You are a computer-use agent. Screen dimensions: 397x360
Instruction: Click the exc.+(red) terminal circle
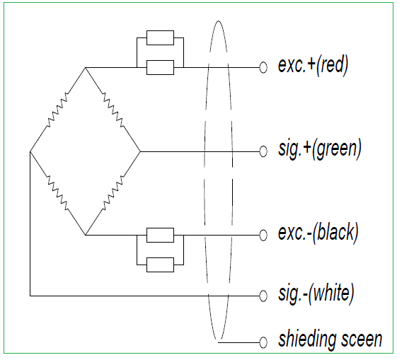tap(263, 68)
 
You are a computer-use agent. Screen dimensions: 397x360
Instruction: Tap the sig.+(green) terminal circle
tap(263, 151)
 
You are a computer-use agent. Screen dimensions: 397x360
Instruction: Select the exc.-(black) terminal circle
tap(263, 235)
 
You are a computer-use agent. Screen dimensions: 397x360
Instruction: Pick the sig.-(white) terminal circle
tap(263, 296)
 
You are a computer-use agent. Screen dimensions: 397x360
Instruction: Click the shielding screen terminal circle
tap(263, 342)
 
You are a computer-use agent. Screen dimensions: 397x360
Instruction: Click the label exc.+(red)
tap(313, 65)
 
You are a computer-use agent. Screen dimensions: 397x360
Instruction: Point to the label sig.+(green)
tap(320, 149)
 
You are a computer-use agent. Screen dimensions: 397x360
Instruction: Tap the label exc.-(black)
tap(318, 233)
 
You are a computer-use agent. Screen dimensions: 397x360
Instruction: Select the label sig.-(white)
tap(316, 294)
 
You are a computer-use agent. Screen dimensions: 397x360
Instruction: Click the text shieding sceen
tap(330, 339)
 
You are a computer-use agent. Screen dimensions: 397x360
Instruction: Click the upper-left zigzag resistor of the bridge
tap(57, 110)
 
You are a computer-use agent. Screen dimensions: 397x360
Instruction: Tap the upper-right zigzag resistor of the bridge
tap(113, 110)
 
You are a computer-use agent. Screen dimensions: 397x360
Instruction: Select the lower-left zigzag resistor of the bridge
tap(57, 193)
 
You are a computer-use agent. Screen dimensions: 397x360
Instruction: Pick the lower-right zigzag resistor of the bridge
tap(113, 193)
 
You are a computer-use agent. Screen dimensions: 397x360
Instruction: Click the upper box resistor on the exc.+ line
tap(160, 38)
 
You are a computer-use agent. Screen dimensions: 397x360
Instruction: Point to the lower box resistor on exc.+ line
tap(160, 68)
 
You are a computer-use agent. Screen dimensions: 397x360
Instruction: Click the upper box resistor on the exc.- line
tap(160, 235)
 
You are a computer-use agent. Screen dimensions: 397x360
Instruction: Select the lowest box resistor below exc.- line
tap(160, 265)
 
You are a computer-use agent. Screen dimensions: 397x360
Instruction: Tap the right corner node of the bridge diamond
tap(140, 151)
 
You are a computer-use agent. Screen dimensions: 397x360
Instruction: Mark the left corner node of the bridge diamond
tap(30, 151)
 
